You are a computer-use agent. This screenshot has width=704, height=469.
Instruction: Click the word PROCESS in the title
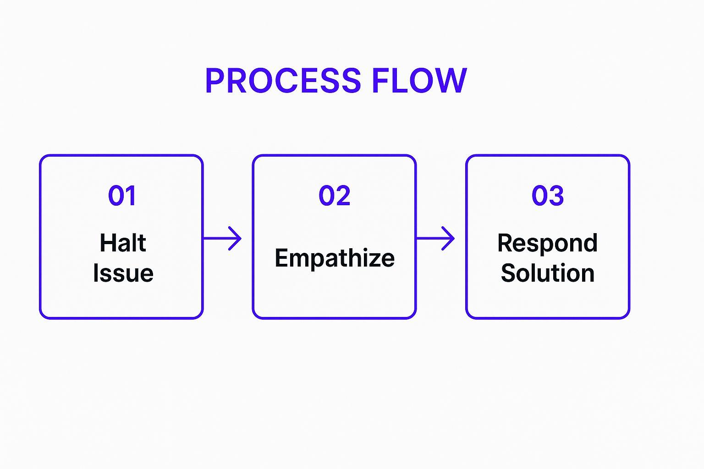coord(283,81)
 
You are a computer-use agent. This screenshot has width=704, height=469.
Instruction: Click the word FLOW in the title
coord(419,81)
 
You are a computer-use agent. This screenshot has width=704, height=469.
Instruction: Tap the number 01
coord(122,196)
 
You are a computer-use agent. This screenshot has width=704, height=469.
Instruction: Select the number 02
coord(335,196)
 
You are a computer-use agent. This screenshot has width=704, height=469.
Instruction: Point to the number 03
coord(548,196)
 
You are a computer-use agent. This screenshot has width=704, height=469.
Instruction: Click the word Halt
coord(123,243)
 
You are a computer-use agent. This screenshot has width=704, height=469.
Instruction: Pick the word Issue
coord(123,273)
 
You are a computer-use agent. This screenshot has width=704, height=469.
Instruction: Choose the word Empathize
coord(335,258)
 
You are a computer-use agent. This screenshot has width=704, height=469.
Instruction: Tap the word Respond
coord(548,243)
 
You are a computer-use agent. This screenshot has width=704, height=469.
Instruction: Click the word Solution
coord(548,273)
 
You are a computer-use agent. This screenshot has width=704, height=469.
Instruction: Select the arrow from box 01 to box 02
coord(222,238)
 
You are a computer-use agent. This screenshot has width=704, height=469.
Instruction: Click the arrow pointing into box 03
coord(435,238)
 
